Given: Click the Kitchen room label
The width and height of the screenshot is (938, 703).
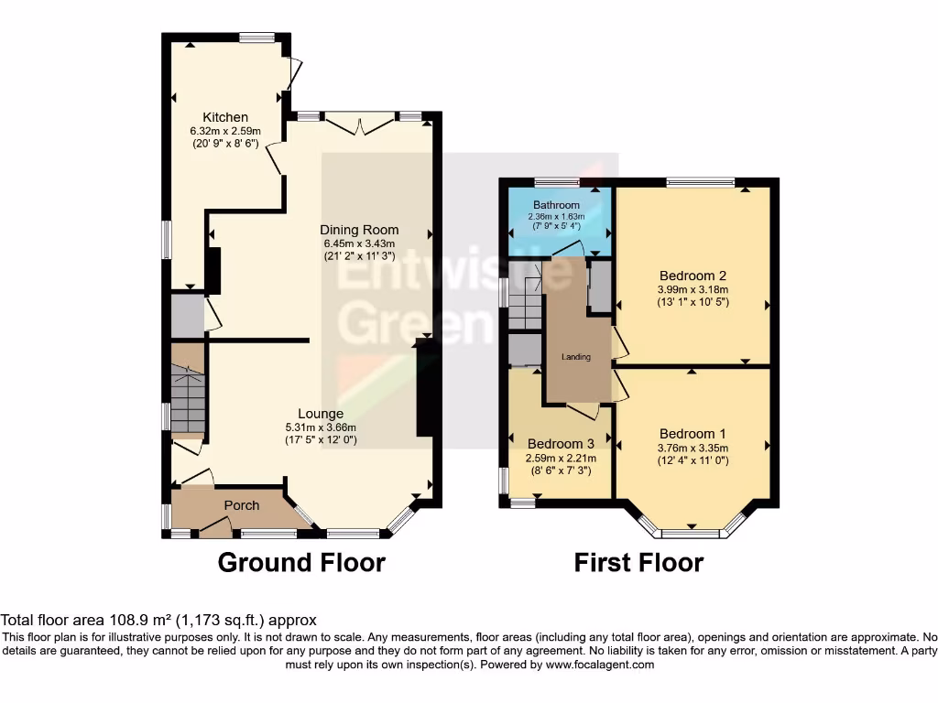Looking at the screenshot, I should (225, 117).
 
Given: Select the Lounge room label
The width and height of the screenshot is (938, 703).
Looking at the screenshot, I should (320, 414).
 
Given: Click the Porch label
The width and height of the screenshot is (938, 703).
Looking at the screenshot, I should (242, 505).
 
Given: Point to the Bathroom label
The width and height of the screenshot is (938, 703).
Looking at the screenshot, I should (557, 205).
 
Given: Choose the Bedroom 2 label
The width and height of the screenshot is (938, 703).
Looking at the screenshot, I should (693, 276).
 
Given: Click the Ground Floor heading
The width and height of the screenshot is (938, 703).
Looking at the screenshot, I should (301, 561).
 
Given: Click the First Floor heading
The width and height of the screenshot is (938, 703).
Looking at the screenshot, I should (638, 561).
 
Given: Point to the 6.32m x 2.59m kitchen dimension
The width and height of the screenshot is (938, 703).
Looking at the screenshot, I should (225, 131).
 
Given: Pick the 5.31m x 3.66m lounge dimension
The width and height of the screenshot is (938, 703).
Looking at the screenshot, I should (320, 427).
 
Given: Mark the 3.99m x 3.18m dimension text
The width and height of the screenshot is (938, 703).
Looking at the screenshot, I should (693, 289).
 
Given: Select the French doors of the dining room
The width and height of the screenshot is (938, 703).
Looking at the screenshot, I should (361, 124).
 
